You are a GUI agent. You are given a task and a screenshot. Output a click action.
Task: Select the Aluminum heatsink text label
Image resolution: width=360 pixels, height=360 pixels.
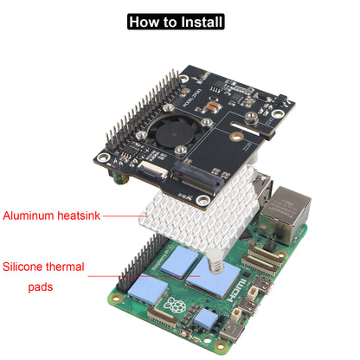[52, 215]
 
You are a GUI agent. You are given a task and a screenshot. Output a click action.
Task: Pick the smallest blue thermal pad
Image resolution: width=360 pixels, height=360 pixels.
[205, 318]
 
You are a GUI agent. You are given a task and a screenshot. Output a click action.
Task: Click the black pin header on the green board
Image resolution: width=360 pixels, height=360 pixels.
[134, 277]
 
